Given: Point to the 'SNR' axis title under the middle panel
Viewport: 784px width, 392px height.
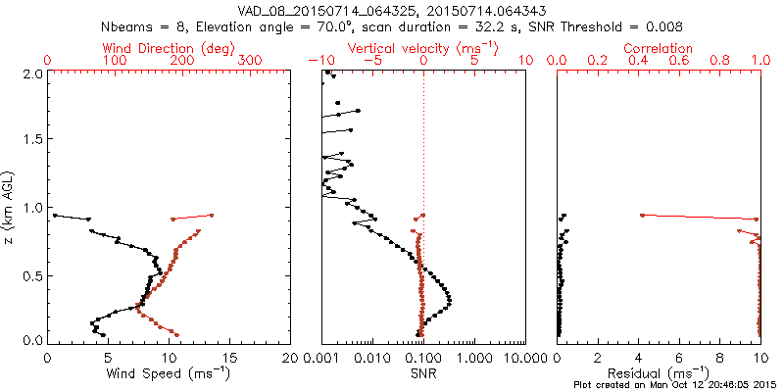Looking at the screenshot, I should tap(423, 372).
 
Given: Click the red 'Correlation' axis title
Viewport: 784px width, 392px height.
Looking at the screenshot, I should tap(659, 48).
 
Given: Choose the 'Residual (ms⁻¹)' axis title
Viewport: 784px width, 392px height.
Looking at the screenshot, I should tap(659, 372).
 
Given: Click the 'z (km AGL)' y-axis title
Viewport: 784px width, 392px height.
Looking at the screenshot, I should tap(11, 206).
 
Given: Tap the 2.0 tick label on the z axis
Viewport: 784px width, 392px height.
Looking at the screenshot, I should tap(31, 73).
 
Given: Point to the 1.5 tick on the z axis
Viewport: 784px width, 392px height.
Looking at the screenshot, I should tap(31, 140).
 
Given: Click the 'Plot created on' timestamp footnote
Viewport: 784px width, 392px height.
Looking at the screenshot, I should tap(675, 385).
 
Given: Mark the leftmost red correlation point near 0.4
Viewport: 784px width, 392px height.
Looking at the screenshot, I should tap(641, 215).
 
